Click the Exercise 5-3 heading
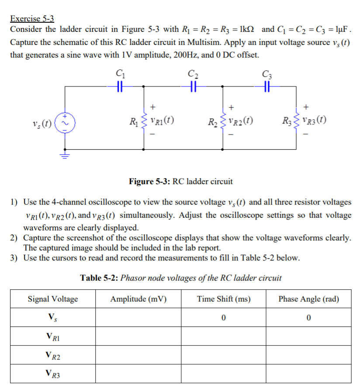[x=32, y=19]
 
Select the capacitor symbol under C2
[x=192, y=86]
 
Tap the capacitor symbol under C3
[x=266, y=86]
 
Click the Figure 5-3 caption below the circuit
[x=180, y=181]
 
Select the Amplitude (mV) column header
[x=138, y=299]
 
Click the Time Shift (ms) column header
[x=224, y=299]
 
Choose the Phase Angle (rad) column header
[x=308, y=299]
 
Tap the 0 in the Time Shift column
[x=223, y=318]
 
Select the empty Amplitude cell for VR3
[x=138, y=374]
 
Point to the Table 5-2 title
[x=181, y=278]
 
